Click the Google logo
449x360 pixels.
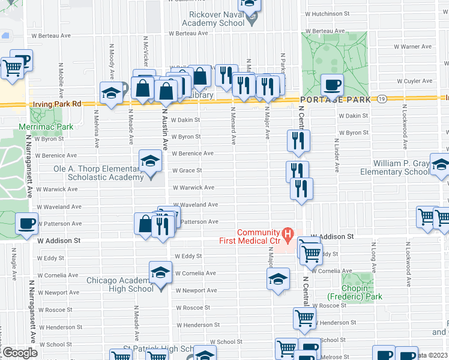click(x=20, y=353)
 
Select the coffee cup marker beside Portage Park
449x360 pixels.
click(x=331, y=84)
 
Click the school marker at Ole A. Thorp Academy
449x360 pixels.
click(x=150, y=160)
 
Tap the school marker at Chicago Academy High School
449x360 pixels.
click(x=160, y=273)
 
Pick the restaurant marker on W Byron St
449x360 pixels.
click(x=298, y=140)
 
